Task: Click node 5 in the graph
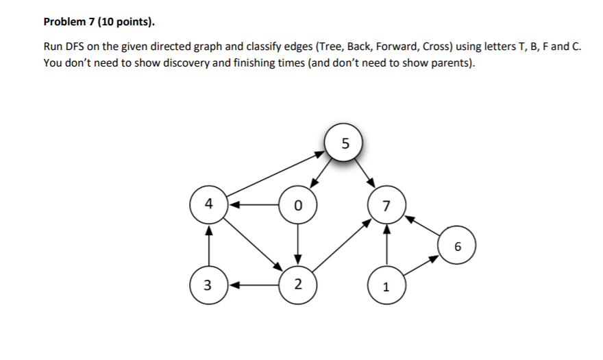tap(344, 143)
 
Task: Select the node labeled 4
tap(208, 204)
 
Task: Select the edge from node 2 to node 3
tap(254, 285)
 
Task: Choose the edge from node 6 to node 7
tap(423, 226)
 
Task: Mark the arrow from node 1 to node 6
tap(421, 267)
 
